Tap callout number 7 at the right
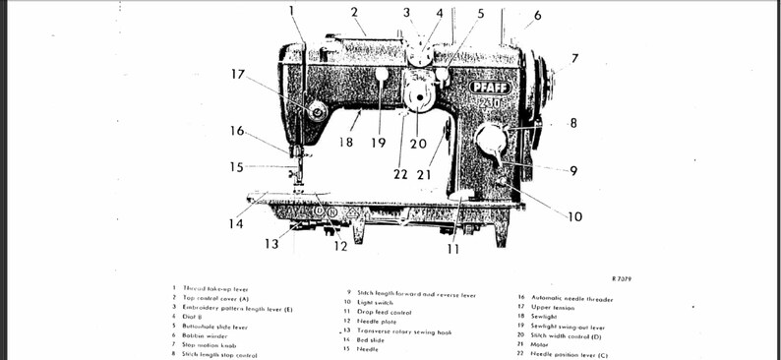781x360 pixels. coord(574,59)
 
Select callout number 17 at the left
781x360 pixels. coord(238,74)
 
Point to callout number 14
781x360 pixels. coord(236,223)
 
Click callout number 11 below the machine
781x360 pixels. coord(453,249)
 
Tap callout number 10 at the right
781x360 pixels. coord(574,216)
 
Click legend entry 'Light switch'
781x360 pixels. coord(375,303)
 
